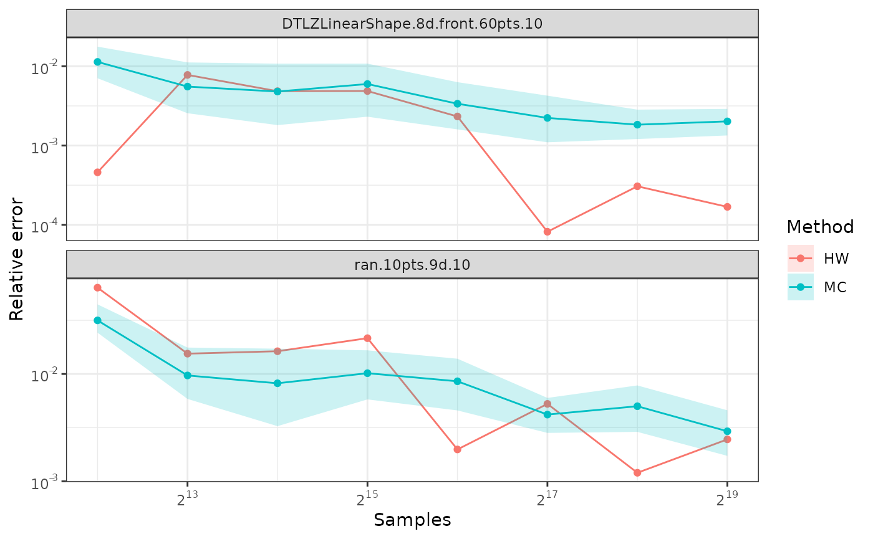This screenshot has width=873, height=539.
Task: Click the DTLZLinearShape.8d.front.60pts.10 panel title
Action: coord(412,24)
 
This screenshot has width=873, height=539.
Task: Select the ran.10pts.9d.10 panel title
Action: coord(412,264)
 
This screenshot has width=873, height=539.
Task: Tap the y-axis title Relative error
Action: coord(17,259)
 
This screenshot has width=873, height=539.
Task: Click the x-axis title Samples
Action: coord(412,520)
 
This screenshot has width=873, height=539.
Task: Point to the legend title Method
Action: coord(820,227)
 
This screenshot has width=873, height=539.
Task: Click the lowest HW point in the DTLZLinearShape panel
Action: coord(547,232)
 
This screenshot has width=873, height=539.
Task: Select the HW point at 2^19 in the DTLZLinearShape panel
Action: coord(727,207)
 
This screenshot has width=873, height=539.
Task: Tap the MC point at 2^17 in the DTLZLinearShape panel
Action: coord(547,118)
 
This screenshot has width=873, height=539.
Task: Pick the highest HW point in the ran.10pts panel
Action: coord(97,287)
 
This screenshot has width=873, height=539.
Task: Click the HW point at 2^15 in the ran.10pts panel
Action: coord(367,338)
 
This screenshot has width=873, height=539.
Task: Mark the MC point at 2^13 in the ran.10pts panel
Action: coord(187,375)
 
